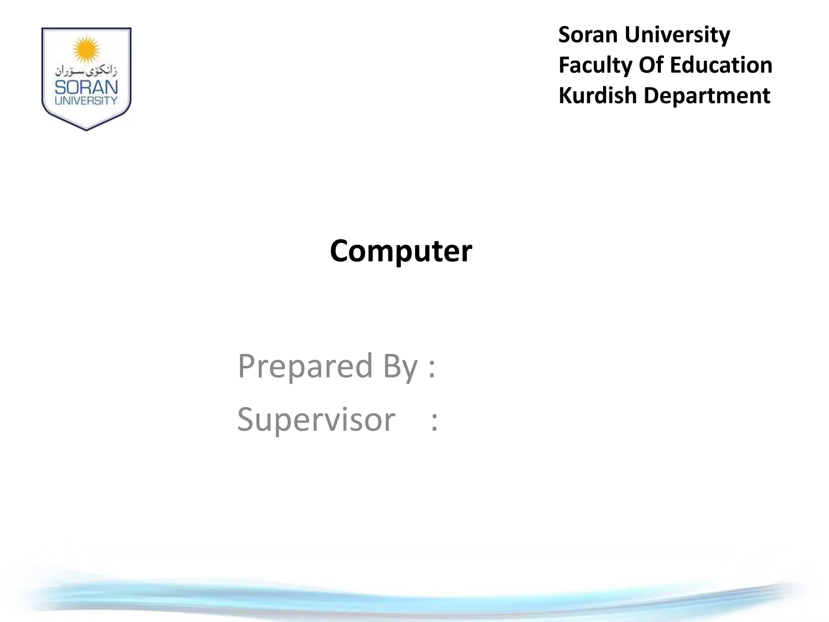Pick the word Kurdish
597,96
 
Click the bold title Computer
401,251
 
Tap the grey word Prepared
305,366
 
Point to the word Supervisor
316,420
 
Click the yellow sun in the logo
86,49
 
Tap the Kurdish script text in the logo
86,71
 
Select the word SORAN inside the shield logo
86,87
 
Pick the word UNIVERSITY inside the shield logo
86,100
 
